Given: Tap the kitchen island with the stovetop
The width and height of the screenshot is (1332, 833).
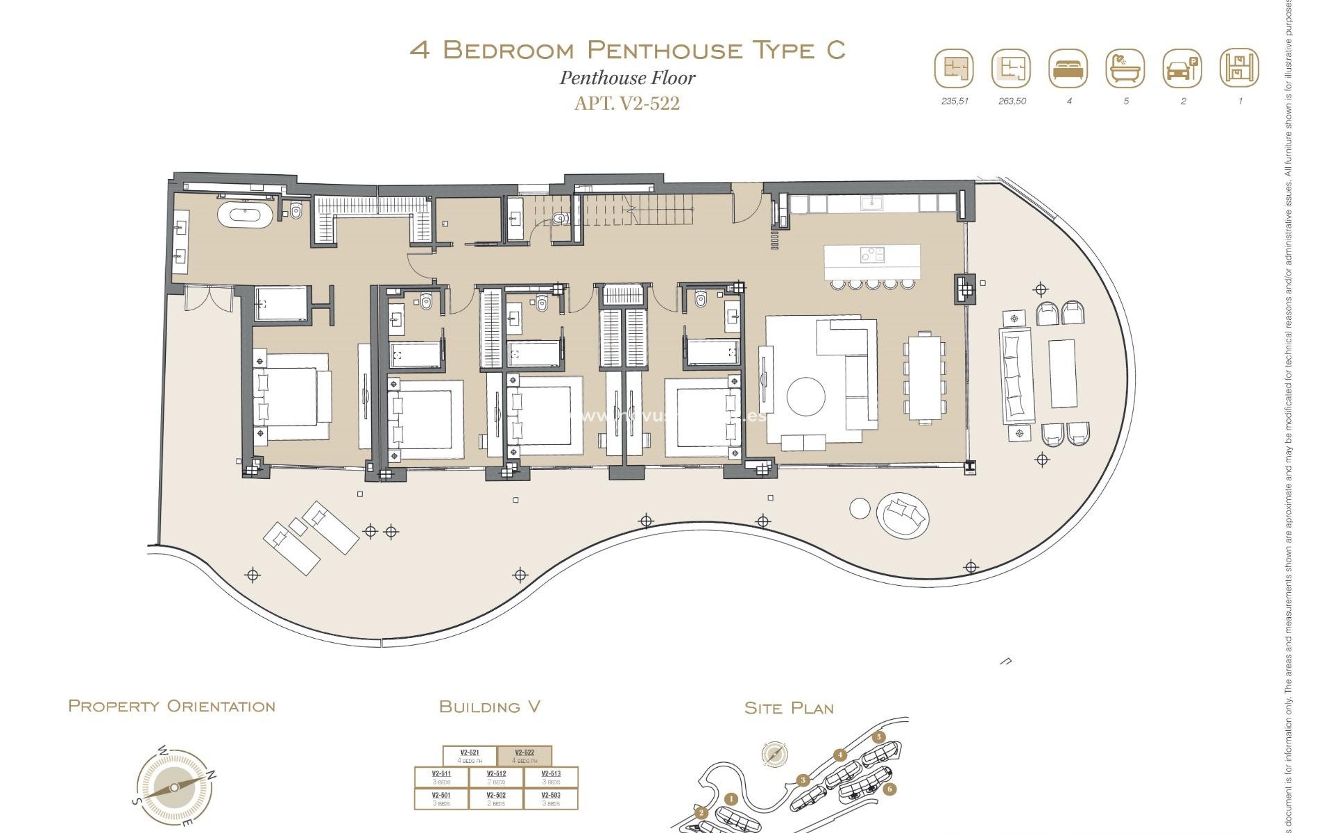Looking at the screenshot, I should click(872, 262).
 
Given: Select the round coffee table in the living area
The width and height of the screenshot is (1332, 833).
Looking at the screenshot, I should click(806, 397).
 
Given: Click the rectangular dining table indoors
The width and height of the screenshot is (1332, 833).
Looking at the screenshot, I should click(924, 377).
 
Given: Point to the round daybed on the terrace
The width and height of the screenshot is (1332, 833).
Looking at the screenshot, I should click(903, 515).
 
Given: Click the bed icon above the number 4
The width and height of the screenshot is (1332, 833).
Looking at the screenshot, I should click(1068, 69).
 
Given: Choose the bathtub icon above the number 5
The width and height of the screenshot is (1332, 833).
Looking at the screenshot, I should click(1125, 69).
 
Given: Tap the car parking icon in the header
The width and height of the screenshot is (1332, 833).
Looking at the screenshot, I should click(1182, 69).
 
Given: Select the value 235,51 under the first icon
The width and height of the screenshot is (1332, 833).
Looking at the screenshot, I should click(955, 101).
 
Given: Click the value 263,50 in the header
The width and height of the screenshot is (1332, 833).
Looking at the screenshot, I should click(1012, 101).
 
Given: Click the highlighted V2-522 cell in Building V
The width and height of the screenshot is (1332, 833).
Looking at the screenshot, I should click(524, 756).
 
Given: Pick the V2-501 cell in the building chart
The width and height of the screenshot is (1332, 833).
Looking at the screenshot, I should click(441, 799).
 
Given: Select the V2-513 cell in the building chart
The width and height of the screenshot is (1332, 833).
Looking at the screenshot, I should click(551, 777).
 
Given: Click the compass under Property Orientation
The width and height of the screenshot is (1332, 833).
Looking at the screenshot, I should click(173, 788).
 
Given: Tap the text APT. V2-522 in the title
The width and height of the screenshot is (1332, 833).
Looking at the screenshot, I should click(627, 103).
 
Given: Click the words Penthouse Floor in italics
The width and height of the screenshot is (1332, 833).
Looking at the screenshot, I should click(627, 78).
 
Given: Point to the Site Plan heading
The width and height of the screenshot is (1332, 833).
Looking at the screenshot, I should click(789, 708).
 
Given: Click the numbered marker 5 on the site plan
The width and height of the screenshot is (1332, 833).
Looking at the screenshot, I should click(879, 737).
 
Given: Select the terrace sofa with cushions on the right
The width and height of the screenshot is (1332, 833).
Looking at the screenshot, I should click(1016, 376).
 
